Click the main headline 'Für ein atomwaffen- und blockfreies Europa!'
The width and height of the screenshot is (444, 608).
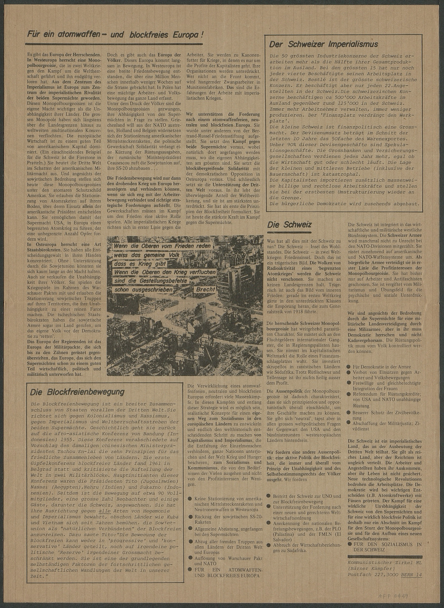[x=115, y=35]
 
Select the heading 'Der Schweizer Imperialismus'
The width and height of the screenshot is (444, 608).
[x=323, y=44]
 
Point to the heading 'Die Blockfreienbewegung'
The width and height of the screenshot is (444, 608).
[x=77, y=392]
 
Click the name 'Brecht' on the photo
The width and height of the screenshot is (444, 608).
[x=205, y=289]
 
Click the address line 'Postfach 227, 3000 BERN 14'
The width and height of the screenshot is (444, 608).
[x=385, y=575]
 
